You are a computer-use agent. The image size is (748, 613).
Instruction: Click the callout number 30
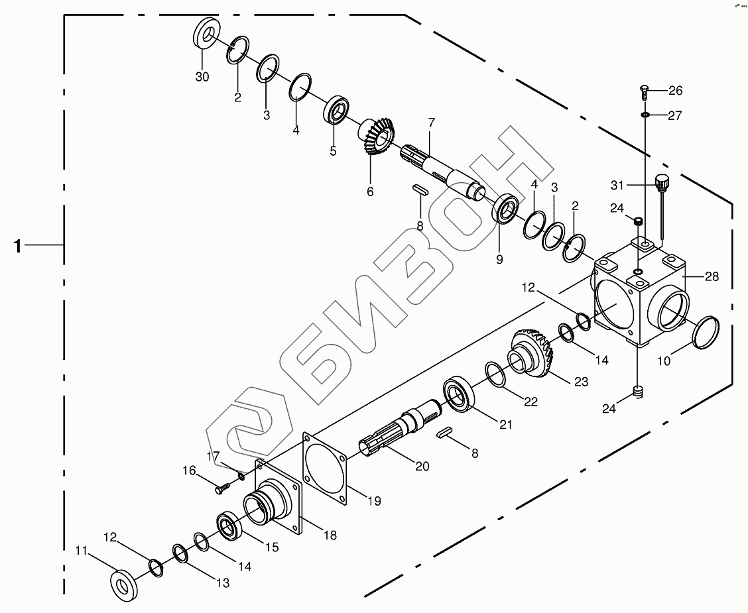(x=202, y=77)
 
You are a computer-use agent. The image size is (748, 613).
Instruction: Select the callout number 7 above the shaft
(x=431, y=123)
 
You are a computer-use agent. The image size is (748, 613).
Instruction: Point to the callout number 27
(x=674, y=115)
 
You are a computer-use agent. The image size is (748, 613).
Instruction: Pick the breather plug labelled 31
(x=661, y=182)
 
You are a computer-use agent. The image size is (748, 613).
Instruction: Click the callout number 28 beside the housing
(x=712, y=276)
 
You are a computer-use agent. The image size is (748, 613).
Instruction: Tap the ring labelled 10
(x=706, y=331)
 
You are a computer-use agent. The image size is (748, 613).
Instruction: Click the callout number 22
(x=531, y=402)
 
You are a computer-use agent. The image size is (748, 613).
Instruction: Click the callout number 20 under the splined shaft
(x=422, y=466)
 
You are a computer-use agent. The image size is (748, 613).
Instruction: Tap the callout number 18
(x=329, y=534)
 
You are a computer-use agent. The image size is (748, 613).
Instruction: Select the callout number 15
(x=271, y=547)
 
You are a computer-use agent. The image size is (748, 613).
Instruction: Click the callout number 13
(x=221, y=583)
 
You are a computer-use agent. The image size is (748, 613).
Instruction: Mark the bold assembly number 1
(x=18, y=247)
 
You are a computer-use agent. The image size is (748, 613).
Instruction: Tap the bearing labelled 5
(x=339, y=110)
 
